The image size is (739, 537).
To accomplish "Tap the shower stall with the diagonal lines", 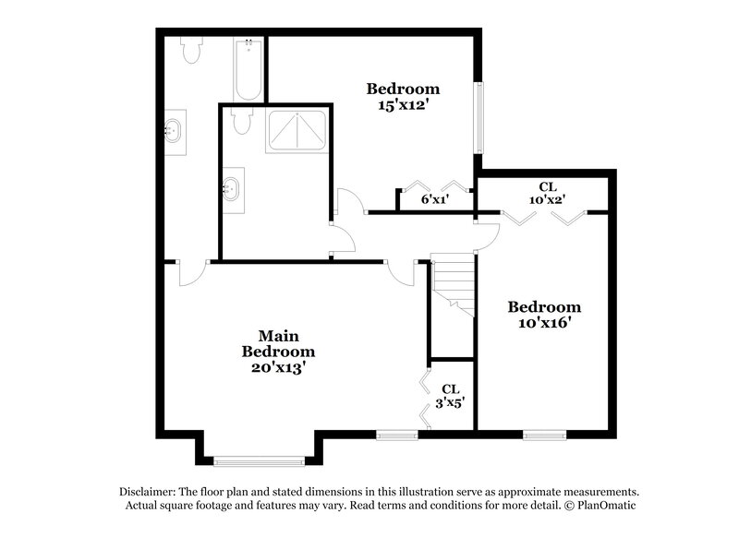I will [297, 131].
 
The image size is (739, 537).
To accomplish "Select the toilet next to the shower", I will [242, 121].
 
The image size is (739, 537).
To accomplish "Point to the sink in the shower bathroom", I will [232, 191].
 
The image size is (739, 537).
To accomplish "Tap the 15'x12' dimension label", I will [403, 106].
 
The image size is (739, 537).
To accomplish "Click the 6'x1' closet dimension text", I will [434, 199].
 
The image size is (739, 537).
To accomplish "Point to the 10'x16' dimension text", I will [545, 323].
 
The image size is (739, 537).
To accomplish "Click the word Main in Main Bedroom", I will [278, 336].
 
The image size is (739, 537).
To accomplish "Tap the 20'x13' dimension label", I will [278, 367].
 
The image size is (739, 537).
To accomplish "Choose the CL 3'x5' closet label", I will [451, 396].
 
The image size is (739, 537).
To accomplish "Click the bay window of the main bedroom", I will [259, 459].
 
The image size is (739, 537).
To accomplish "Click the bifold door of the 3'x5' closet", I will [424, 398].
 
